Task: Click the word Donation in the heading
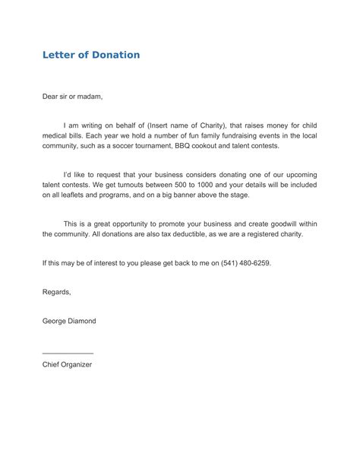tap(113, 55)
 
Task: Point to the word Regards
tap(57, 292)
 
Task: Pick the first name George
tap(55, 322)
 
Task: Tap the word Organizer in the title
tap(77, 364)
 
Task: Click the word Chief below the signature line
tap(50, 364)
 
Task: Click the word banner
tap(203, 195)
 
